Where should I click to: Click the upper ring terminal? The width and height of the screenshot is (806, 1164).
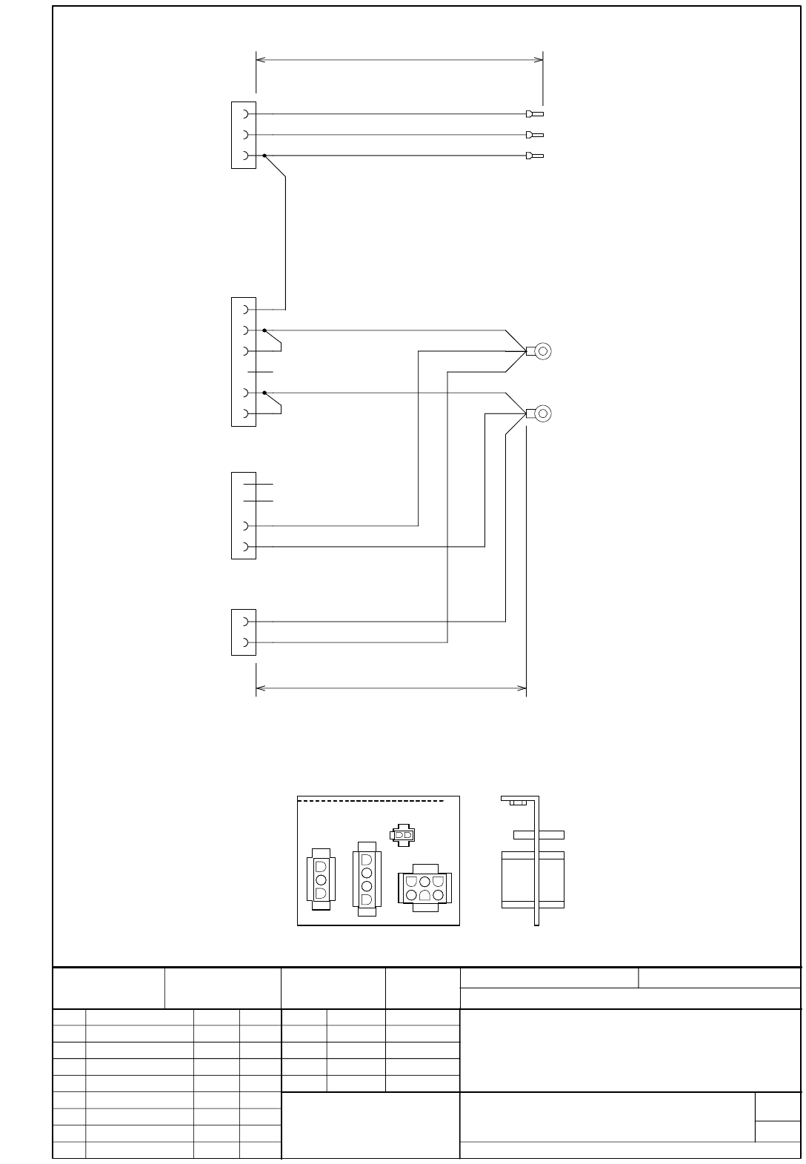tap(542, 350)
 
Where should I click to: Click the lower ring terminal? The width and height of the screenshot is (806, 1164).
tap(542, 413)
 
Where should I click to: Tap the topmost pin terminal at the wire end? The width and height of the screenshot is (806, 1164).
tap(534, 114)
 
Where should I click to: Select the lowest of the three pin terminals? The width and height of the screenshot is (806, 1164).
tap(534, 156)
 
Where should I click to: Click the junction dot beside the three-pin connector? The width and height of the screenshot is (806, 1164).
tap(264, 156)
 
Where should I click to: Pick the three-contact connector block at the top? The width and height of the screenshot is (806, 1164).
tap(244, 135)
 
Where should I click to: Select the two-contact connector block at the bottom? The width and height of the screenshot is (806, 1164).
tap(244, 632)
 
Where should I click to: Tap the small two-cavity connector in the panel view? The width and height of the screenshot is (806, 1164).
tap(402, 834)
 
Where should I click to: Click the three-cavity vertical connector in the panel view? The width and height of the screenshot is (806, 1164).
tap(321, 880)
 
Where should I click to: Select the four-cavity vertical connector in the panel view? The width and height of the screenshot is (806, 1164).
tap(367, 879)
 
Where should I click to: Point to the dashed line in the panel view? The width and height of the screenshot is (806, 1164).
tap(370, 801)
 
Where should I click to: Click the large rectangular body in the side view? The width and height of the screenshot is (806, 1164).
tap(533, 879)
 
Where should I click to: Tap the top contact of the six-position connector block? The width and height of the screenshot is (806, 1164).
tap(245, 310)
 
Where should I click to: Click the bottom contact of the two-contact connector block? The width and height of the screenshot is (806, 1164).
tap(245, 642)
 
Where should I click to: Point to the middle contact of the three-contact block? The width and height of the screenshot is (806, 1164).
tap(245, 135)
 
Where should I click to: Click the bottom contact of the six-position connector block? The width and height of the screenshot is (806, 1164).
tap(245, 413)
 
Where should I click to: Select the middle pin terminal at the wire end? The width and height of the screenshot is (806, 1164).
tap(534, 135)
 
